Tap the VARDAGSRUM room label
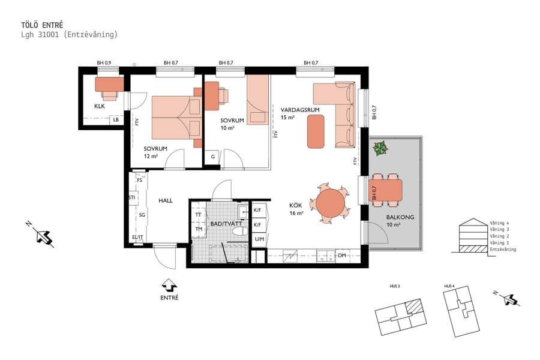(x=299, y=109)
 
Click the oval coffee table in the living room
(x=316, y=131)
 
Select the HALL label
(x=166, y=200)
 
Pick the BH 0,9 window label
(x=104, y=62)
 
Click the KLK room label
(x=100, y=106)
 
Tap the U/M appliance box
(x=259, y=239)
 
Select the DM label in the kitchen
(x=341, y=256)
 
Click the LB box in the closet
(x=116, y=119)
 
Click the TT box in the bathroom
(x=198, y=214)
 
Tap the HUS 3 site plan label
(x=394, y=286)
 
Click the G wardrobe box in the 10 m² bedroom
(x=212, y=157)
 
